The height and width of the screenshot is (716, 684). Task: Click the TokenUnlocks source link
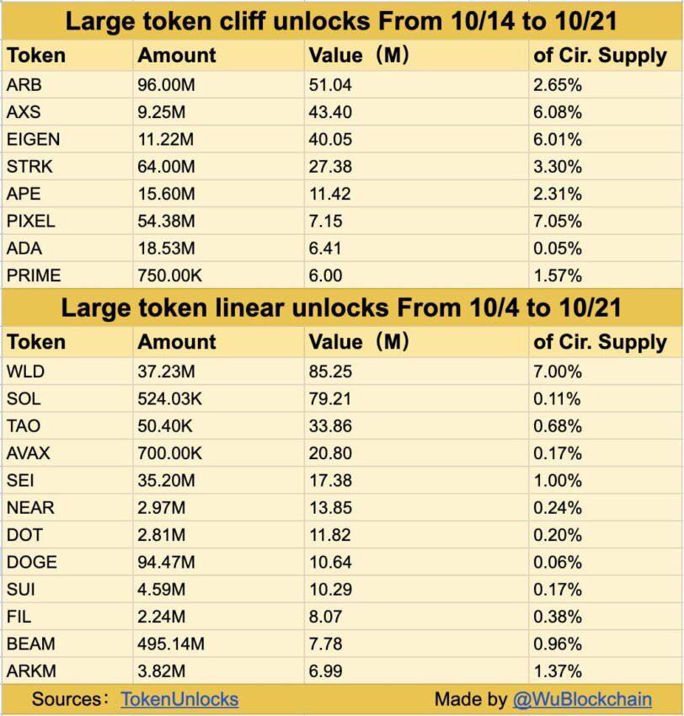179,699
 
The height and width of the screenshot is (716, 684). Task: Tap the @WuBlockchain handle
582,699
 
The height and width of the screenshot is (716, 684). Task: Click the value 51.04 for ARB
330,84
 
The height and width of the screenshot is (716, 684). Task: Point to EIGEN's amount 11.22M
166,139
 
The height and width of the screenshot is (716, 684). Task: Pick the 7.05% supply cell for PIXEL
558,221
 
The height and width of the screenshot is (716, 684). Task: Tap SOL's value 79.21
330,398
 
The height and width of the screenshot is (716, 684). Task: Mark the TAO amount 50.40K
166,425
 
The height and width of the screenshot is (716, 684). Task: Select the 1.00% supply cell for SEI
558,480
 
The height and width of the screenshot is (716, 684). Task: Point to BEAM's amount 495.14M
171,644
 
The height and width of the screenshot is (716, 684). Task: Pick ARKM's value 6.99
326,671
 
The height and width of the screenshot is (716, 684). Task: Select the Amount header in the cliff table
177,56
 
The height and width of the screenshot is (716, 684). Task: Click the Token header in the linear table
35,342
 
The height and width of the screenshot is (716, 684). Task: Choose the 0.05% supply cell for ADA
558,248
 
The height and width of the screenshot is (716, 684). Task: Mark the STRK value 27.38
330,166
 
